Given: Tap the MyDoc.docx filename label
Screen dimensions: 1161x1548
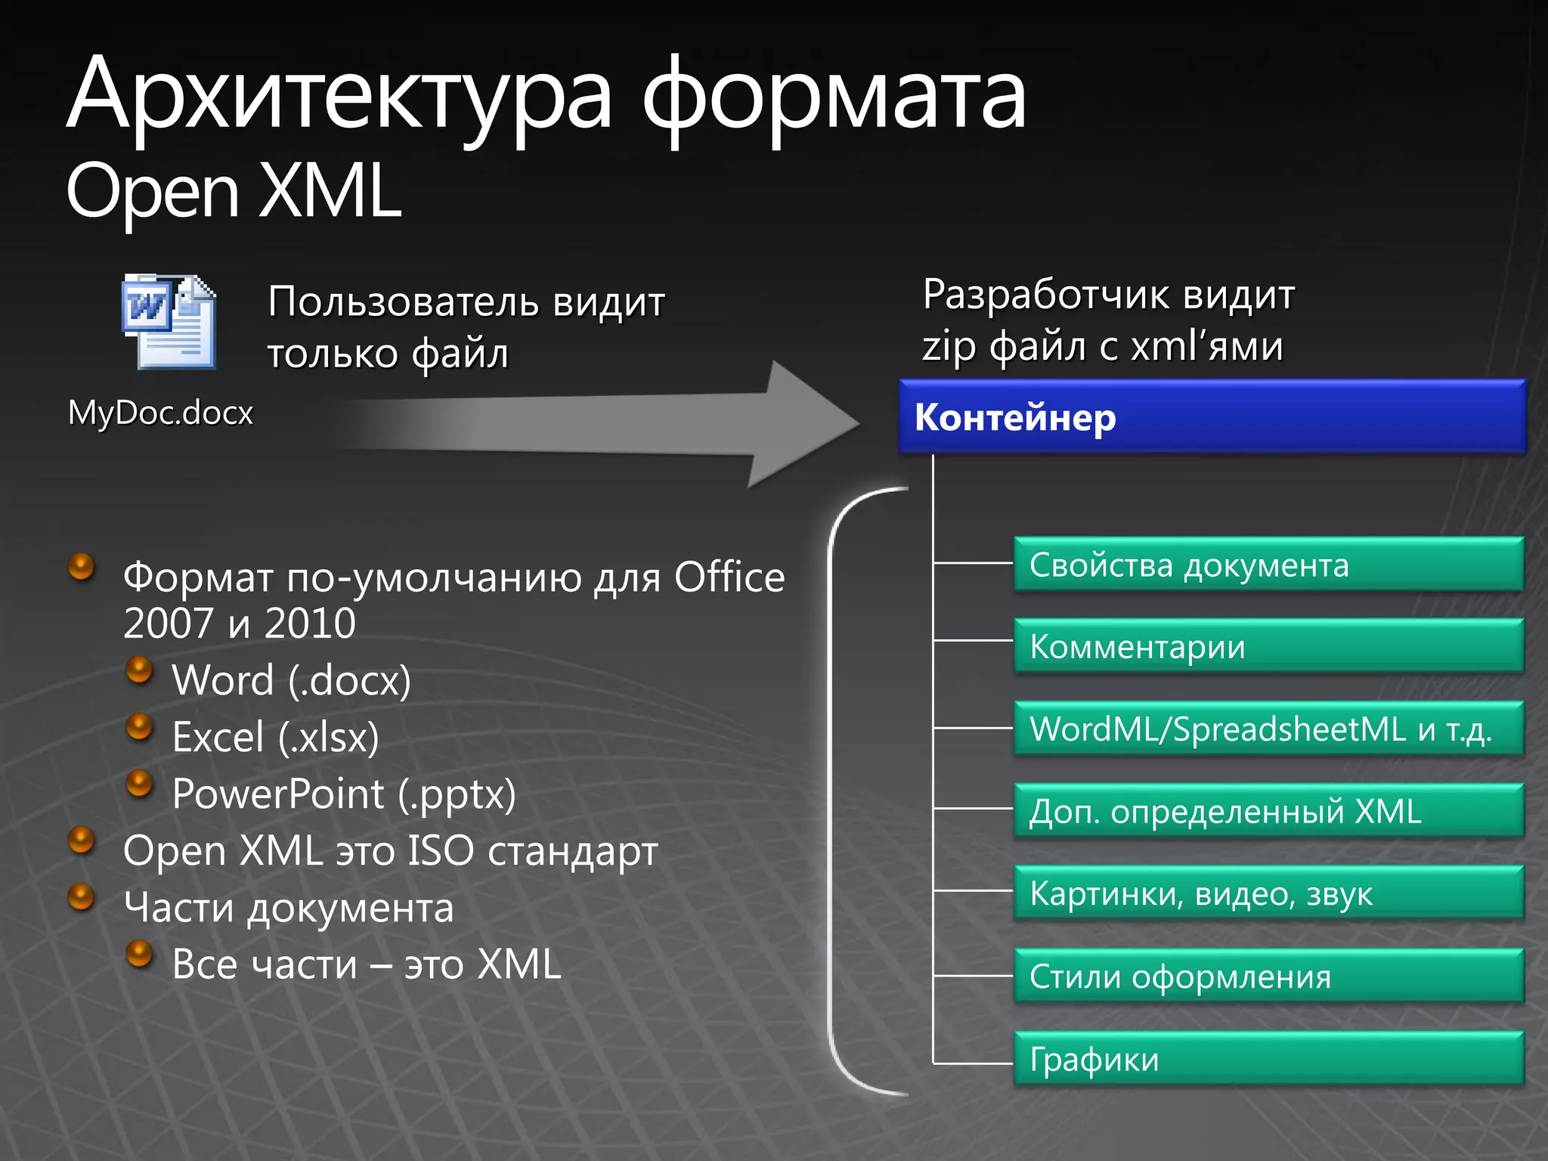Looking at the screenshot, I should pos(160,413).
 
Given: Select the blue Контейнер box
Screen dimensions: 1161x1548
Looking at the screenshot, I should pos(1212,416).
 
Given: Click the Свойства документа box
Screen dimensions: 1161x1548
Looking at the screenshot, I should pos(1268,565).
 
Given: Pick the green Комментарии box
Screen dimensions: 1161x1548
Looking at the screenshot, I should pos(1268,646).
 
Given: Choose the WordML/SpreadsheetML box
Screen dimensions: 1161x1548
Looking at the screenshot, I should pos(1268,729).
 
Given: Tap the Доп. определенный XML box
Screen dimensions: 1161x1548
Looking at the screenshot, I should pos(1268,811).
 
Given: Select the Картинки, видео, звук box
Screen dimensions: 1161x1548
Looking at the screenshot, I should pos(1268,893).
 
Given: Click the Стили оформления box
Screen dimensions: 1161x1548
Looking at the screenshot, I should pos(1268,976).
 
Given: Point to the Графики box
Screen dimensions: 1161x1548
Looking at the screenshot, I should pos(1268,1058).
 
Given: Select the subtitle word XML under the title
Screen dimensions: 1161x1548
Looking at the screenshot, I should pos(330,190).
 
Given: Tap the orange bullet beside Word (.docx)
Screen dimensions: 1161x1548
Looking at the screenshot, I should pos(139,670).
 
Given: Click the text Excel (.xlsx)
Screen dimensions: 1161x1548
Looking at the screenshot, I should pos(275,737).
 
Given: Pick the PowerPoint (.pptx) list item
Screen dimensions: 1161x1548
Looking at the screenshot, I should pos(344,794).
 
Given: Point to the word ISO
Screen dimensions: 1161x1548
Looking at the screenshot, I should pos(441,850).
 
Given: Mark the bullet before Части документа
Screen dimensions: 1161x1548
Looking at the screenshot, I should pos(81,896).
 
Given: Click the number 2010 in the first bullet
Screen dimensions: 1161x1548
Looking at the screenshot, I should pos(310,624).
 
